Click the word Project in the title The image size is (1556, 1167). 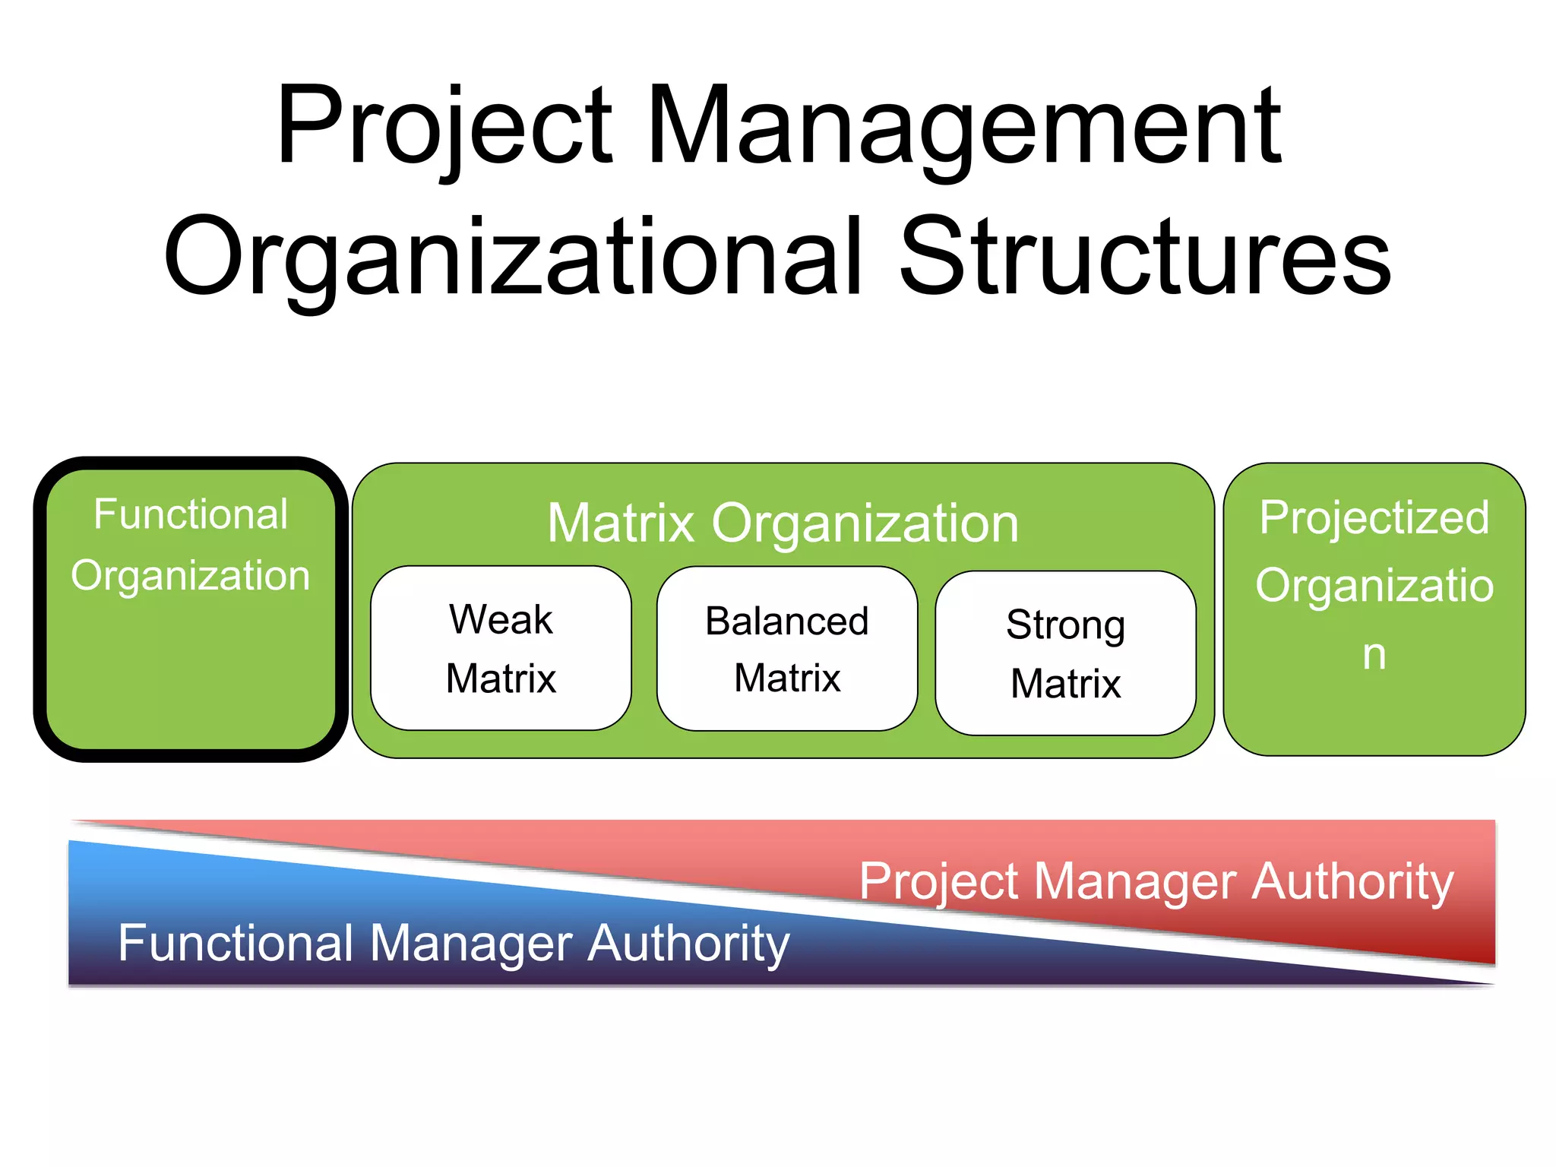[x=444, y=128]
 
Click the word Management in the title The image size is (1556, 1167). [x=965, y=128]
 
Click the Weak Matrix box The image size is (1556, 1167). [x=501, y=648]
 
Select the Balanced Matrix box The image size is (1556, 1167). [x=787, y=649]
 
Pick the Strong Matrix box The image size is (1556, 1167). [x=1065, y=653]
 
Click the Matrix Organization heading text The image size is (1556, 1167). [x=783, y=523]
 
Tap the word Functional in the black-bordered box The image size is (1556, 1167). [x=191, y=514]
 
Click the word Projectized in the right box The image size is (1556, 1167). [x=1374, y=518]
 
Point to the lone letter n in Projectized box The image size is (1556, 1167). [x=1374, y=655]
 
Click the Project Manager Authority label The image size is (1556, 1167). [x=1156, y=882]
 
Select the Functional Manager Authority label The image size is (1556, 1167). [x=454, y=944]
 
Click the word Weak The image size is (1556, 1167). [x=501, y=619]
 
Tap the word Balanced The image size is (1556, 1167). [x=787, y=621]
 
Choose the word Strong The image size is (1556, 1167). [x=1065, y=625]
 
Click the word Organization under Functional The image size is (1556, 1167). [x=191, y=576]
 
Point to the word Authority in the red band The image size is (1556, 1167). [x=1352, y=882]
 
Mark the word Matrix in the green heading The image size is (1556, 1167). [x=621, y=523]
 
